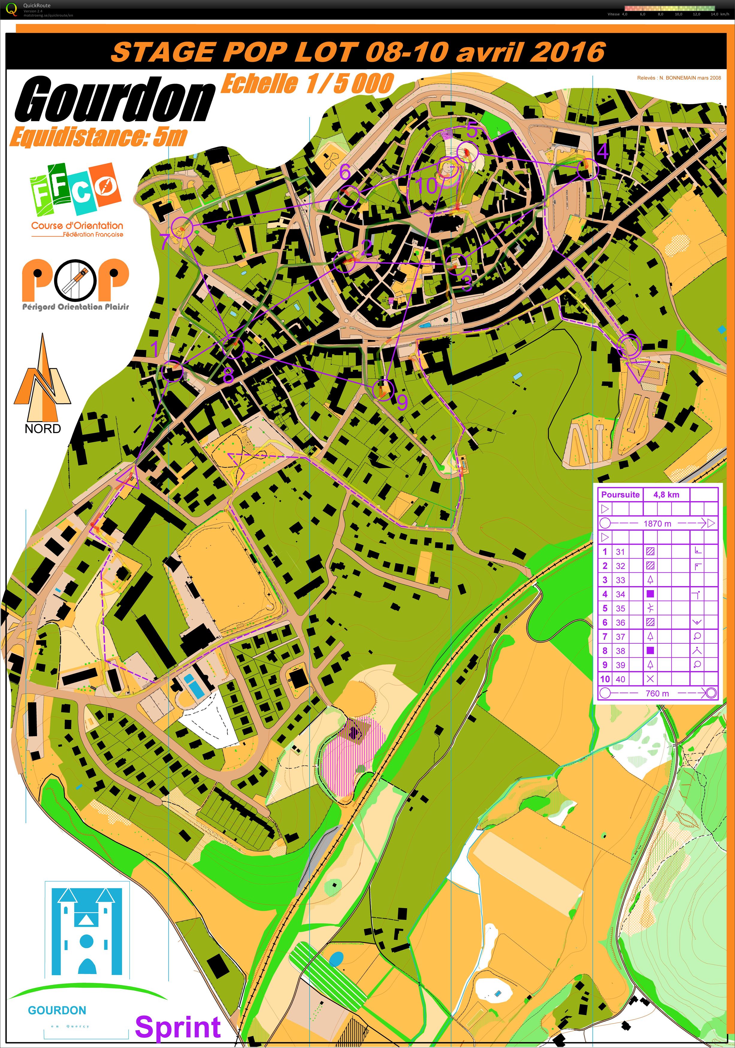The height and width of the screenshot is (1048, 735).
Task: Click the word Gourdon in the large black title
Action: (114, 99)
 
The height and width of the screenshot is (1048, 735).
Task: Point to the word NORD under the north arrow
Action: (43, 429)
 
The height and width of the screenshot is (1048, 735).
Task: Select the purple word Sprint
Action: (178, 1027)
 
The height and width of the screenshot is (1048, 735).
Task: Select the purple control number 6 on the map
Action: (345, 172)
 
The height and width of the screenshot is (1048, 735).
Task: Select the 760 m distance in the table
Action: (657, 693)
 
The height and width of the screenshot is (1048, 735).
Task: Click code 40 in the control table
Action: (621, 679)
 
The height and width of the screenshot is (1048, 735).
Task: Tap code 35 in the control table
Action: (621, 608)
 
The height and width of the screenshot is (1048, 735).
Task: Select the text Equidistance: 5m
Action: (98, 136)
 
